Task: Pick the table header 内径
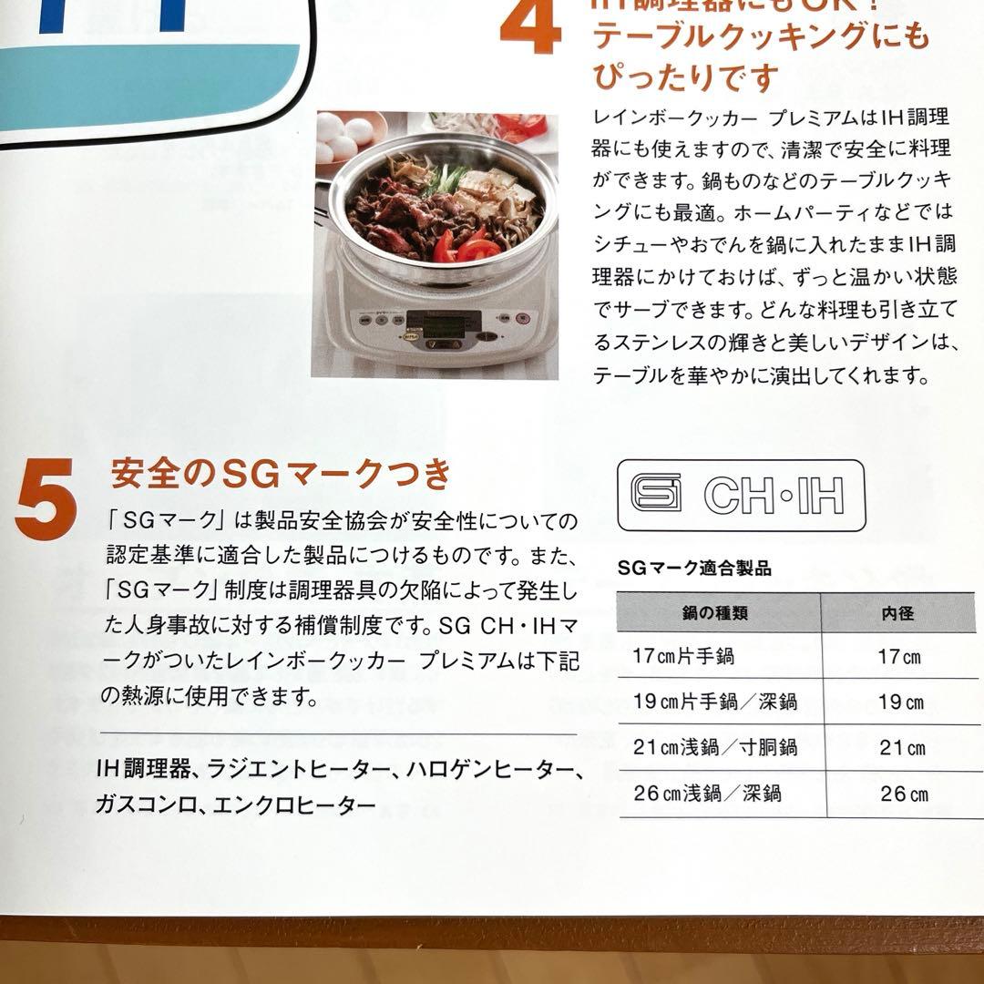(897, 613)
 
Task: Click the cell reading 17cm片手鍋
(683, 656)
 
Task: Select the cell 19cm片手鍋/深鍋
(715, 702)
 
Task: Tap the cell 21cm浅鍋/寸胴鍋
(715, 748)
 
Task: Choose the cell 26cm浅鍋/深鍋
(708, 794)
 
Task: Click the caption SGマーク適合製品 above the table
(694, 569)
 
